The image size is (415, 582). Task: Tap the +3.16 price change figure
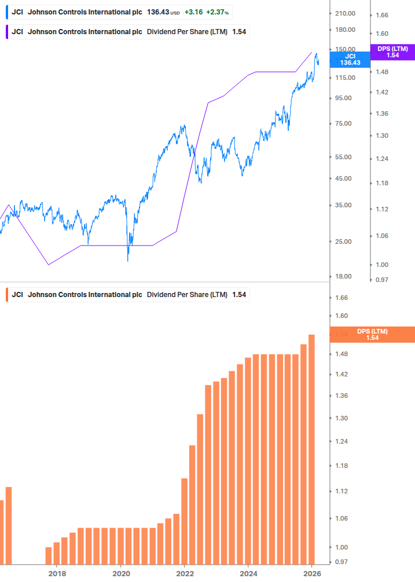pyautogui.click(x=194, y=12)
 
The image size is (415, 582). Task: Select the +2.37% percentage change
pyautogui.click(x=218, y=12)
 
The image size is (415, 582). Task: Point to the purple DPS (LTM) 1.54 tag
pyautogui.click(x=392, y=52)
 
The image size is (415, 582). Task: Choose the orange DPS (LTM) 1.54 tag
pyautogui.click(x=372, y=334)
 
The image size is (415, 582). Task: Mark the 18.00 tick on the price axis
pyautogui.click(x=343, y=276)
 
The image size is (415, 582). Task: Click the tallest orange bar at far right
pyautogui.click(x=311, y=449)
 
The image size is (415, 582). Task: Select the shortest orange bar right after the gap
pyautogui.click(x=49, y=555)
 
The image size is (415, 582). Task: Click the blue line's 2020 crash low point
pyautogui.click(x=127, y=260)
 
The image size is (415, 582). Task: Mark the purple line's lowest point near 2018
pyautogui.click(x=49, y=265)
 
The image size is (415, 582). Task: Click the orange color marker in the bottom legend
pyautogui.click(x=7, y=295)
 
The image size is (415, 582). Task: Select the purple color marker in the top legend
pyautogui.click(x=7, y=31)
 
